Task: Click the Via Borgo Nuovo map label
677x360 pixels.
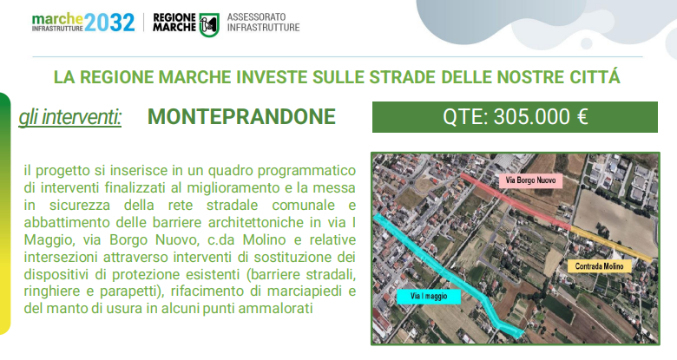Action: (530, 180)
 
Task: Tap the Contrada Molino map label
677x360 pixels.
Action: (599, 266)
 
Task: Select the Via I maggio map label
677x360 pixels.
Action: (429, 297)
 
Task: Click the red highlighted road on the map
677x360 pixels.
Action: (516, 201)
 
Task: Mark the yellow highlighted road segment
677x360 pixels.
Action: (612, 244)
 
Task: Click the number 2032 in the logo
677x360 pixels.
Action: (109, 23)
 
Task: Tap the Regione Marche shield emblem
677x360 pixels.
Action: (209, 24)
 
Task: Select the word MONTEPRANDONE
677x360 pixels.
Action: (241, 116)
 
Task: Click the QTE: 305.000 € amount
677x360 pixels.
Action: (515, 117)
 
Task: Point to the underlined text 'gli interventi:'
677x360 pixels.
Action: (70, 117)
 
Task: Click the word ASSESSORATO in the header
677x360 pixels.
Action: (256, 16)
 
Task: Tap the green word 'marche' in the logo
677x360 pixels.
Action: (57, 19)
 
